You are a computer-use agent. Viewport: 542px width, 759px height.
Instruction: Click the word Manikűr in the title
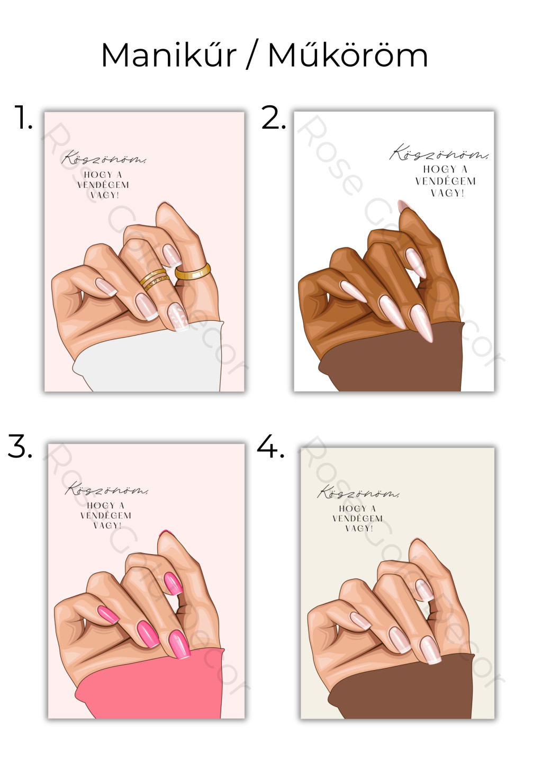point(168,55)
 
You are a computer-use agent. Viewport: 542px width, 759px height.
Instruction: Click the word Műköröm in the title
point(348,55)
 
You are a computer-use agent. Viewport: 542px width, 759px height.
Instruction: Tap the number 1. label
point(23,117)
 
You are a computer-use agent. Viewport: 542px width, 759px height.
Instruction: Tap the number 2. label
point(274,117)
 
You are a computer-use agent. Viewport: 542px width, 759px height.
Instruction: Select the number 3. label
point(20,446)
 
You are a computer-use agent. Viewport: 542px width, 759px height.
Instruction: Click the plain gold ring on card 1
point(193,272)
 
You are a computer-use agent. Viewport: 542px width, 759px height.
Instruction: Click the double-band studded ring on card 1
point(155,280)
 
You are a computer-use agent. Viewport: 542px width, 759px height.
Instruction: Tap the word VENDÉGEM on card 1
point(103,185)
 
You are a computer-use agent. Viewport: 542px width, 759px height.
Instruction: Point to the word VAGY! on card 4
point(359,528)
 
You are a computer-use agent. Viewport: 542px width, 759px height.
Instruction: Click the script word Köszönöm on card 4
point(358,492)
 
